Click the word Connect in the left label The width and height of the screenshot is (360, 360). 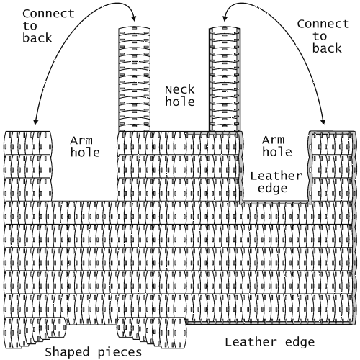click(x=48, y=14)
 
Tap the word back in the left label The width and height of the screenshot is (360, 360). click(x=37, y=38)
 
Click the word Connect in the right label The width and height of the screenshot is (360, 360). click(x=323, y=24)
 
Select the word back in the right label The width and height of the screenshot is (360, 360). click(x=327, y=48)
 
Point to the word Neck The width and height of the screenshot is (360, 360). click(x=180, y=90)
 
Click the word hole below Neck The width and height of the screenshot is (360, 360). click(x=180, y=102)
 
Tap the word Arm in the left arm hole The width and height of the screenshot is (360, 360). click(x=81, y=140)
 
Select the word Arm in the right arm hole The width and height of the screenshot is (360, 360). click(x=274, y=140)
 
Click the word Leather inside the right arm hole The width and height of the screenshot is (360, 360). click(x=276, y=176)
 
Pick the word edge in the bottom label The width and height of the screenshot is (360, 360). click(x=300, y=343)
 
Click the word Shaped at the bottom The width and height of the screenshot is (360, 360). click(x=67, y=352)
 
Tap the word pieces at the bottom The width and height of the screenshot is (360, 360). click(x=120, y=353)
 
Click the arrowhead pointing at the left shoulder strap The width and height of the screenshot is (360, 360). click(x=134, y=18)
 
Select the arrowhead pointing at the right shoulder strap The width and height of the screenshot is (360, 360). click(x=225, y=18)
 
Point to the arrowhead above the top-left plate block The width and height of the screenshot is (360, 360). click(x=35, y=122)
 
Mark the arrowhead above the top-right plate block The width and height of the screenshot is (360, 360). click(x=323, y=122)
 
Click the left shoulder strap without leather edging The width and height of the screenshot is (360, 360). click(x=135, y=79)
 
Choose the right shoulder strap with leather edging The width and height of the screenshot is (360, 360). click(x=225, y=79)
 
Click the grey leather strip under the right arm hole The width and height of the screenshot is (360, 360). click(x=276, y=202)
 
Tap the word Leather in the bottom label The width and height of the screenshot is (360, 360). click(x=251, y=342)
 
